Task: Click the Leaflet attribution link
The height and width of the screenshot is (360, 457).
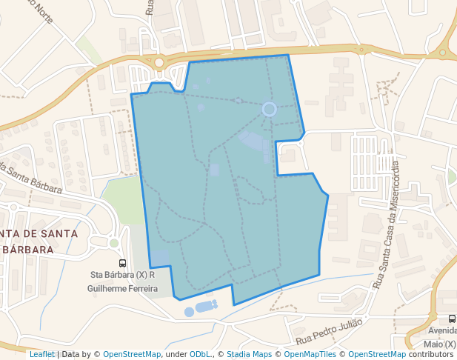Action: tap(41, 355)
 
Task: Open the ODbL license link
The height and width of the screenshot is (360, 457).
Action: tap(201, 355)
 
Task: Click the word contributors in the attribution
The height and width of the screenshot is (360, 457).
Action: tap(431, 355)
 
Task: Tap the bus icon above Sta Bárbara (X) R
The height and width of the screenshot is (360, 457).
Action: tap(122, 263)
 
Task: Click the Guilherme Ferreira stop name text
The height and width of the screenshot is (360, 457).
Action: tap(122, 288)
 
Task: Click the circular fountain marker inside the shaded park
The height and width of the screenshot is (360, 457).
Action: tap(270, 110)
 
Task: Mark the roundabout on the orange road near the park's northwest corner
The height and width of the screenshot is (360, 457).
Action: tap(159, 63)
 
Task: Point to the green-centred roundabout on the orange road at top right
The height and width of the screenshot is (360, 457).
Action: tap(443, 53)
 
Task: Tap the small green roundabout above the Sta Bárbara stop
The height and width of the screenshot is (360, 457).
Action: tap(114, 242)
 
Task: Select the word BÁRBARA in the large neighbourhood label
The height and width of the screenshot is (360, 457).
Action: tap(30, 250)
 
